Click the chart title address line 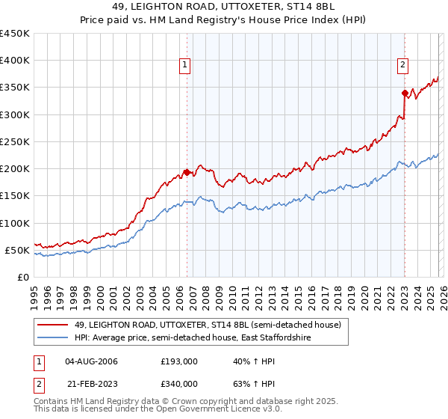224,7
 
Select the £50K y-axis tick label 17,250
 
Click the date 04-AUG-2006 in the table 92,362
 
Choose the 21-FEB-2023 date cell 91,383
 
